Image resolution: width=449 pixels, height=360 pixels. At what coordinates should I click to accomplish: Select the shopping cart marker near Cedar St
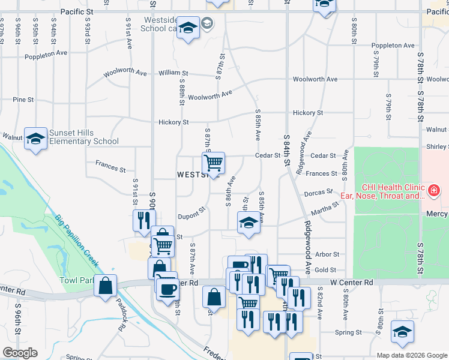[213, 163]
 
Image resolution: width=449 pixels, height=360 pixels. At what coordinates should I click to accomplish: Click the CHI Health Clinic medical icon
[433, 191]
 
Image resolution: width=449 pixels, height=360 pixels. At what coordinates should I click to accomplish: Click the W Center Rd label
[351, 282]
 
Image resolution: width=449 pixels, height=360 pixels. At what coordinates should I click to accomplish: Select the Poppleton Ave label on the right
[393, 46]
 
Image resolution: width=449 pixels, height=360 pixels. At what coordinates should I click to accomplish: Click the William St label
[173, 73]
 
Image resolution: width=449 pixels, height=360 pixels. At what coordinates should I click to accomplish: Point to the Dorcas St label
[318, 192]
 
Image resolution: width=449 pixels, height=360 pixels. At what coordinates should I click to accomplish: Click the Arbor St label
[327, 255]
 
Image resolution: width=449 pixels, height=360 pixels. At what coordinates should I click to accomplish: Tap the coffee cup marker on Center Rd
[167, 289]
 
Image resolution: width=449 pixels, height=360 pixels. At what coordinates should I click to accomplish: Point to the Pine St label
[23, 100]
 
